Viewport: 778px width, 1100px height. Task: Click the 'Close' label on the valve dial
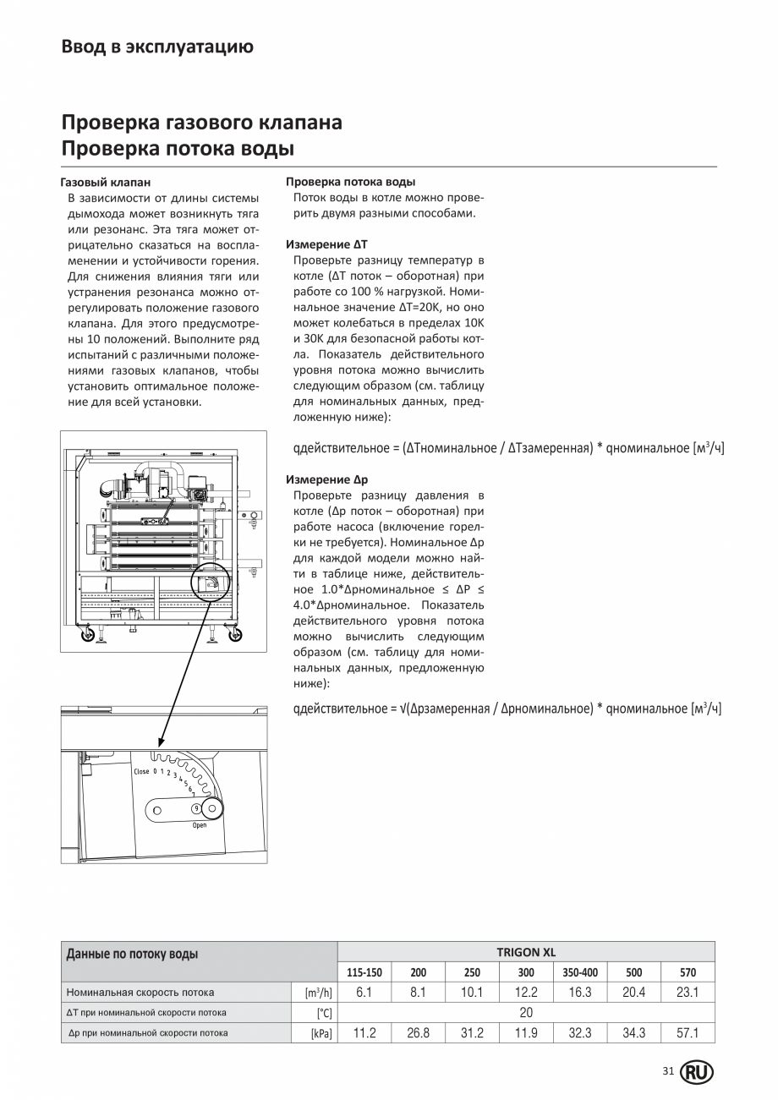141,771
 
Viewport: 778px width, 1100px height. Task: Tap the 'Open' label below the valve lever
200,825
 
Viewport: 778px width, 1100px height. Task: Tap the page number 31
668,1071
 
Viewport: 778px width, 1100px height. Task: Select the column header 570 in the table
688,972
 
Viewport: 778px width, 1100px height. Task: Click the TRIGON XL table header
526,952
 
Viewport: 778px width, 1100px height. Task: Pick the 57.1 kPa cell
688,1032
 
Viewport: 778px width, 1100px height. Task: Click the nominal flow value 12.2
526,993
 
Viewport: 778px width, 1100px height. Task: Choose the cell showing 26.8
418,1032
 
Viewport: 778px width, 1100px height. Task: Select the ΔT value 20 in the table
526,1012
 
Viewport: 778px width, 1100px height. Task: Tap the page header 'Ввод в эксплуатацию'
157,47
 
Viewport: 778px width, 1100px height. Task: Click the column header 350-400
580,972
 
